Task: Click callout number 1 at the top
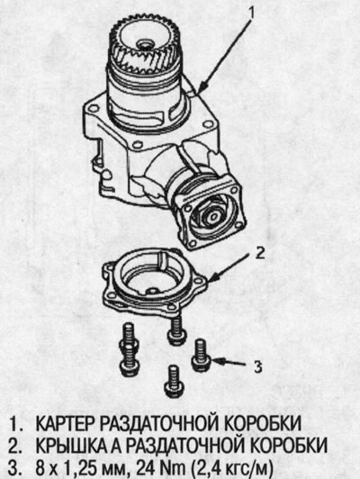(251, 13)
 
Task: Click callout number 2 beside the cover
(260, 253)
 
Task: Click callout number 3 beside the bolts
(257, 366)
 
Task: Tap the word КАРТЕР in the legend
(66, 424)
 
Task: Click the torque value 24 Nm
(161, 467)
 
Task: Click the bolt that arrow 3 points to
(202, 356)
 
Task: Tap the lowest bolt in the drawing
(174, 382)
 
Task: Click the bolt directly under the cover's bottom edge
(176, 330)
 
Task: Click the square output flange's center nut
(211, 216)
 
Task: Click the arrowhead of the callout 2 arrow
(213, 277)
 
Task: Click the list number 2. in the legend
(16, 446)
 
